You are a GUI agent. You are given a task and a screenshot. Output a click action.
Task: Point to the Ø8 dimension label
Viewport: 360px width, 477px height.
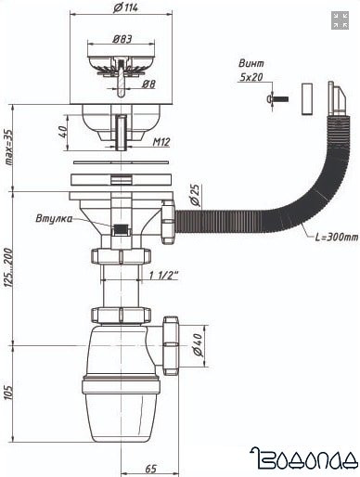(x=148, y=84)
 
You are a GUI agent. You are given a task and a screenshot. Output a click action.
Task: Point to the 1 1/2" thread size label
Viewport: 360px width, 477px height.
(x=164, y=276)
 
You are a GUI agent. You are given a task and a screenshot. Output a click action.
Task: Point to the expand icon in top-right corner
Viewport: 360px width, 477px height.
(x=339, y=20)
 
